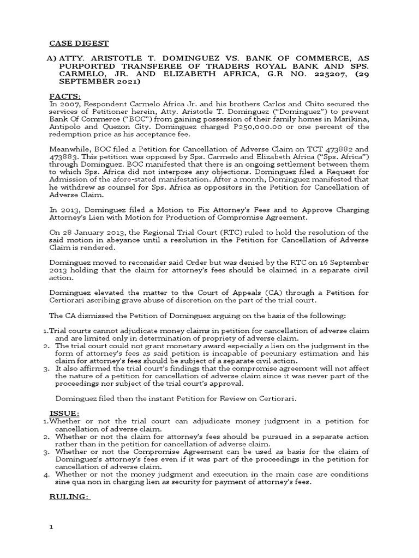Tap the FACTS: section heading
click(x=65, y=96)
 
